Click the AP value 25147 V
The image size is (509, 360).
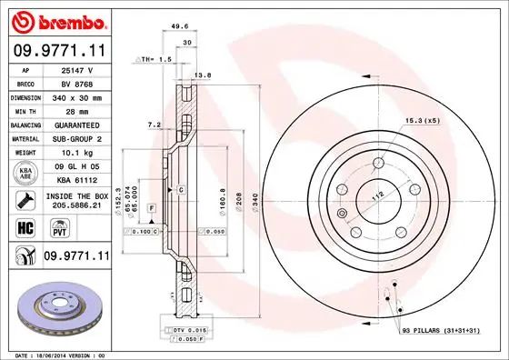(x=77, y=69)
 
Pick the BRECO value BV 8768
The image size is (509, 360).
(x=77, y=82)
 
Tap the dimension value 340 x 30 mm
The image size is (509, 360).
(x=77, y=95)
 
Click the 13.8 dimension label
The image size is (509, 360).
(x=205, y=75)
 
